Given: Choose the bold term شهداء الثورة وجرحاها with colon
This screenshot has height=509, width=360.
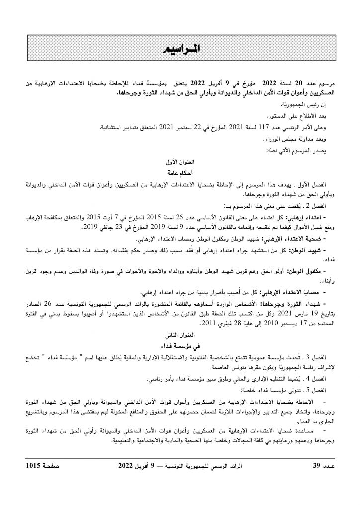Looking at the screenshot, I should tap(304, 303).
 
